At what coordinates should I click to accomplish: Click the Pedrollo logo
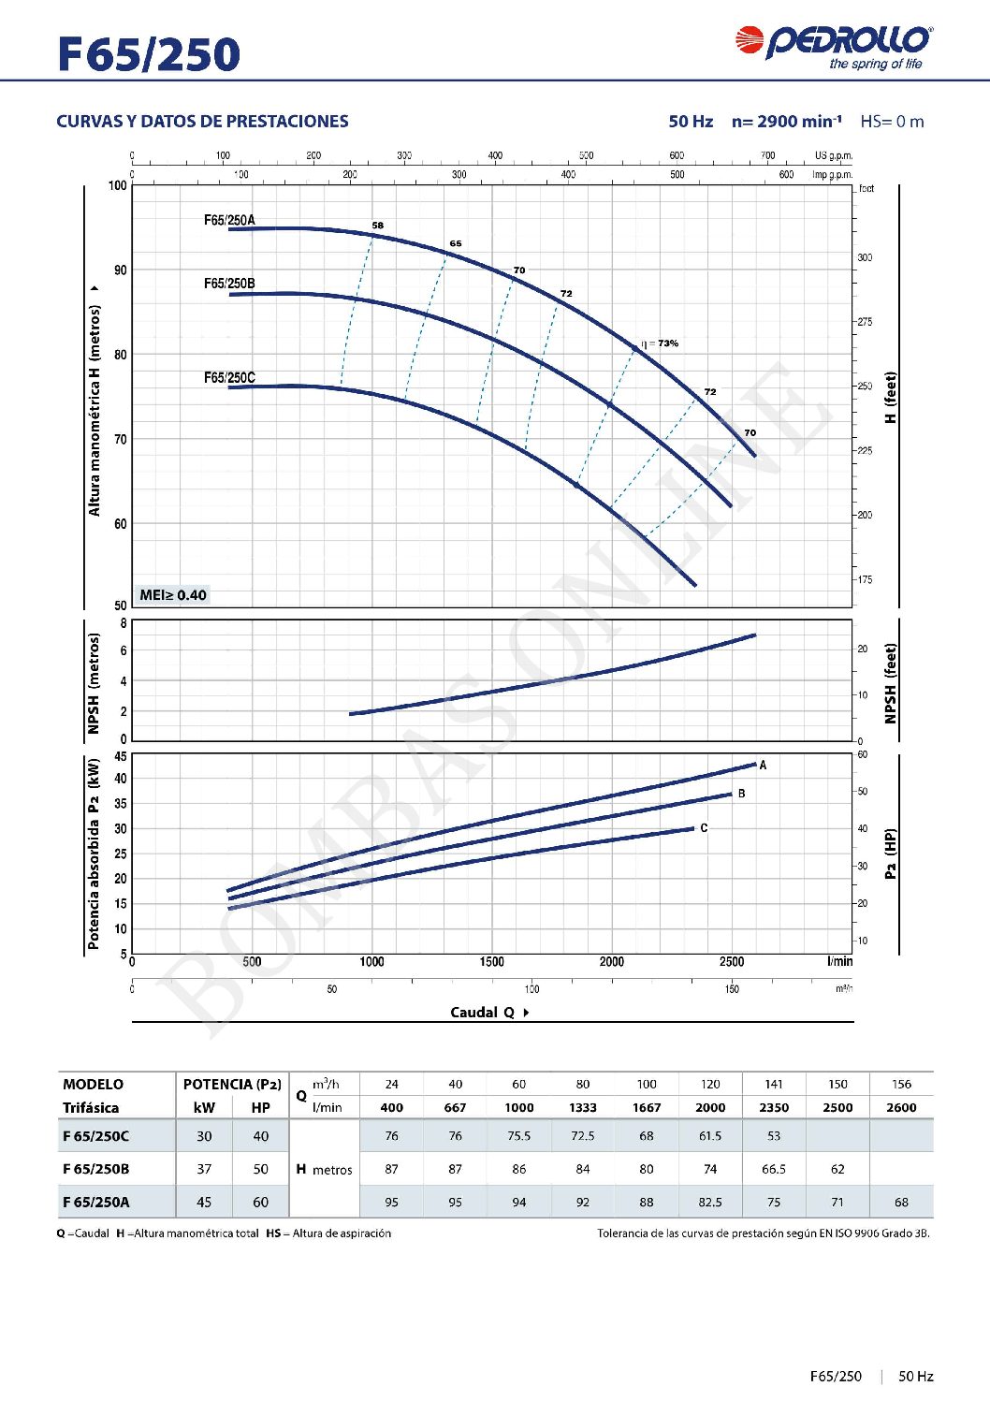(x=833, y=47)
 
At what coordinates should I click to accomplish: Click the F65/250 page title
(x=149, y=54)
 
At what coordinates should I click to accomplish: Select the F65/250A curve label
(x=229, y=221)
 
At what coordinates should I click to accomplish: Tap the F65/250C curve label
(x=229, y=378)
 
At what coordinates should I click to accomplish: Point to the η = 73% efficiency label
(x=661, y=343)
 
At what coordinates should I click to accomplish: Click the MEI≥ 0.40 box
(x=173, y=595)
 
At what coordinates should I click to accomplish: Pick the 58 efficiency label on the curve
(x=377, y=226)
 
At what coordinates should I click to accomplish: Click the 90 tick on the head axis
(x=121, y=270)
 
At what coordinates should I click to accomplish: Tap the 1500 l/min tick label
(x=491, y=962)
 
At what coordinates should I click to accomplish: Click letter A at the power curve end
(x=764, y=766)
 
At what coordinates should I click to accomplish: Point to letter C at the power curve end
(x=704, y=828)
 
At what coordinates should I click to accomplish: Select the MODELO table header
(x=93, y=1085)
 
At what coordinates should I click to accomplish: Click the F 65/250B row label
(x=96, y=1169)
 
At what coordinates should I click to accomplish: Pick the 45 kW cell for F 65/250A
(x=204, y=1203)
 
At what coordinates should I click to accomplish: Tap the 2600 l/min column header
(x=901, y=1108)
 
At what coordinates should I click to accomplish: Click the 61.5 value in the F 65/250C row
(x=710, y=1136)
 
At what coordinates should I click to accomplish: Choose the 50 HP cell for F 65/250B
(x=261, y=1169)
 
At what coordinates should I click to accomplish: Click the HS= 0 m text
(x=892, y=122)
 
